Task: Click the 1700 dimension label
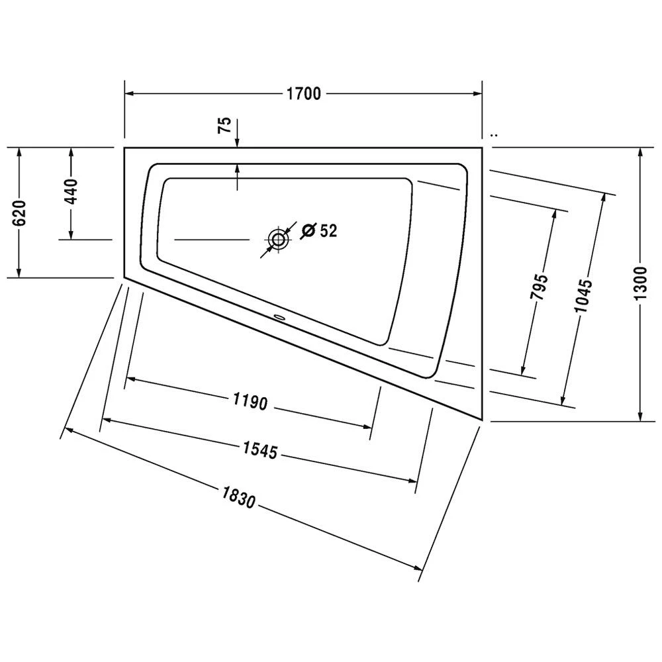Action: [x=304, y=93]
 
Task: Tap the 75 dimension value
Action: [x=224, y=125]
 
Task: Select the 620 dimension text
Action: [x=20, y=213]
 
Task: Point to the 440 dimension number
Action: [x=71, y=191]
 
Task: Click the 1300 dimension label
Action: [x=640, y=283]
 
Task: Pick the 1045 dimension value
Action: [x=583, y=295]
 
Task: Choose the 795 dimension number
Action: [x=539, y=287]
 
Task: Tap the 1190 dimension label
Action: [x=250, y=401]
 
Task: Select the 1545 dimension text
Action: [x=260, y=450]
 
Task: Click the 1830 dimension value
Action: [x=239, y=497]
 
